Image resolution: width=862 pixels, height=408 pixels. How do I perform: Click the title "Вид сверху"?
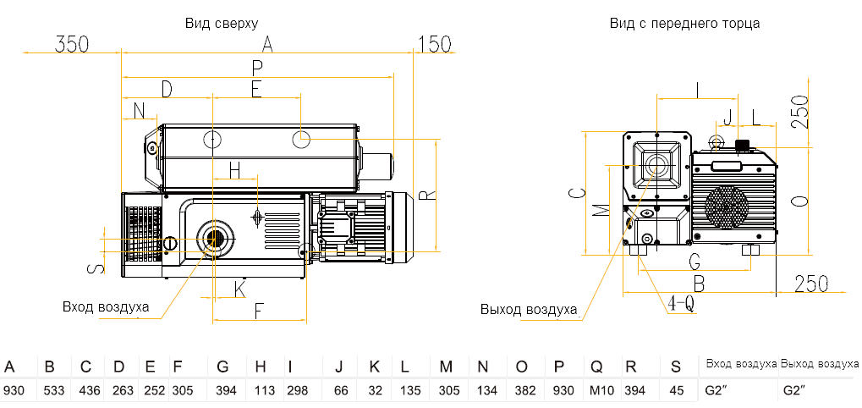pyautogui.click(x=222, y=23)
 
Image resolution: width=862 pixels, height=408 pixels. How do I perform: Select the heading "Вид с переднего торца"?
pyautogui.click(x=684, y=23)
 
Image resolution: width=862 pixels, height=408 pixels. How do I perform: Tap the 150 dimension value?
pyautogui.click(x=435, y=44)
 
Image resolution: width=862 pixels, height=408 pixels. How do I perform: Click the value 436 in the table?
pyautogui.click(x=86, y=390)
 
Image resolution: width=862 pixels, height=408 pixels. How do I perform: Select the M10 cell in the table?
pyautogui.click(x=597, y=390)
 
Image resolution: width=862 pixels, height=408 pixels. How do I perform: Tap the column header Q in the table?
pyautogui.click(x=596, y=367)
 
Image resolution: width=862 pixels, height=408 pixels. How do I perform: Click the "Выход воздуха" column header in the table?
pyautogui.click(x=819, y=364)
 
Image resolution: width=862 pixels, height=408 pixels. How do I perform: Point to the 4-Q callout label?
pyautogui.click(x=681, y=302)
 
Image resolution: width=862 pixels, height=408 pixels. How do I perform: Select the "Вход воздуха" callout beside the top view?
pyautogui.click(x=105, y=306)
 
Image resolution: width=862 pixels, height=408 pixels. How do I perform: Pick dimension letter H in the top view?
pyautogui.click(x=235, y=169)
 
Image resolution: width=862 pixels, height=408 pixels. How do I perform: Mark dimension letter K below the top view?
pyautogui.click(x=240, y=289)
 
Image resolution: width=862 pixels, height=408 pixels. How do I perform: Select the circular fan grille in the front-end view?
pyautogui.click(x=727, y=207)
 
